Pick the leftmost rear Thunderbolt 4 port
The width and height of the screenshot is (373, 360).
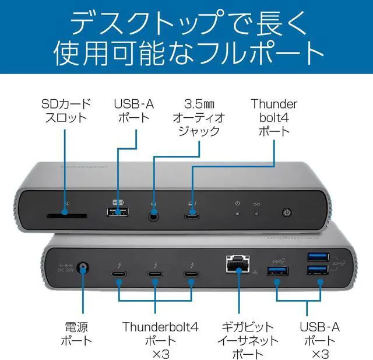tap(119, 274)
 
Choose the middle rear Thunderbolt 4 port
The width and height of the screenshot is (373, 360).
tap(155, 274)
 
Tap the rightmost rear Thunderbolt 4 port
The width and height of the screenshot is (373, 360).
tap(191, 274)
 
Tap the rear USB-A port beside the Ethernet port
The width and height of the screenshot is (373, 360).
tap(277, 271)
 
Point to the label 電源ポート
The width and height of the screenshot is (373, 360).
tap(76, 334)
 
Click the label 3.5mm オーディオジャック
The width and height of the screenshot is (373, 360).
tap(198, 117)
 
